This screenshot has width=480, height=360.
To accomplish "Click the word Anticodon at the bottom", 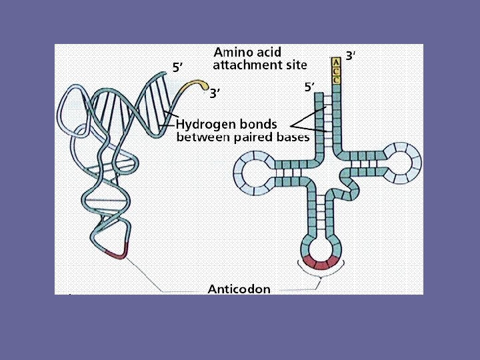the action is pyautogui.click(x=239, y=289).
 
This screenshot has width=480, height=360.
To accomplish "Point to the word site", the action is pyautogui.click(x=295, y=65).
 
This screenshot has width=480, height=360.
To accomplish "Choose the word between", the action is pyautogui.click(x=202, y=137).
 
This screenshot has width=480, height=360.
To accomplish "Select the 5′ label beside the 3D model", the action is pyautogui.click(x=178, y=67).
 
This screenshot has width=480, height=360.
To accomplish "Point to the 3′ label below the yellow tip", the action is pyautogui.click(x=215, y=93).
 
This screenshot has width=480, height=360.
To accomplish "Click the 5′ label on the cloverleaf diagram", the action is pyautogui.click(x=309, y=87).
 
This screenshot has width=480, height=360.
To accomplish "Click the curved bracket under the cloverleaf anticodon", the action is pyautogui.click(x=322, y=273).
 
